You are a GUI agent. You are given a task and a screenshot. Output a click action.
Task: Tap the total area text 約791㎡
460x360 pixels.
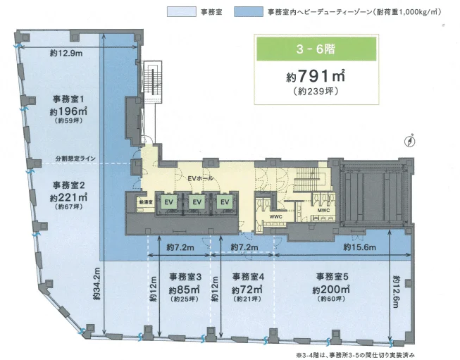point(304,76)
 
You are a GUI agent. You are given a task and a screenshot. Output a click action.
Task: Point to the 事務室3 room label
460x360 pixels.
point(185,275)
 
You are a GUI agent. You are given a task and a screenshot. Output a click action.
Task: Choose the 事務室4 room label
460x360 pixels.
point(248,275)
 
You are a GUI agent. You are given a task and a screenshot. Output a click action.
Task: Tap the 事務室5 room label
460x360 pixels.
point(332,275)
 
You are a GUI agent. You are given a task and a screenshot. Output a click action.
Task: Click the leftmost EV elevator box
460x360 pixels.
point(169,203)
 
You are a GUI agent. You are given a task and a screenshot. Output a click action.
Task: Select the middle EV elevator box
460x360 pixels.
point(197,203)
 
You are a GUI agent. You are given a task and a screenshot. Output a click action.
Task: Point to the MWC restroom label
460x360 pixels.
point(323,210)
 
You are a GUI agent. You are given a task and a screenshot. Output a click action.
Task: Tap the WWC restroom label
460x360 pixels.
point(275,216)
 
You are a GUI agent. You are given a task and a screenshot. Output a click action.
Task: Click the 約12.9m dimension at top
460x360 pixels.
point(67,52)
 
